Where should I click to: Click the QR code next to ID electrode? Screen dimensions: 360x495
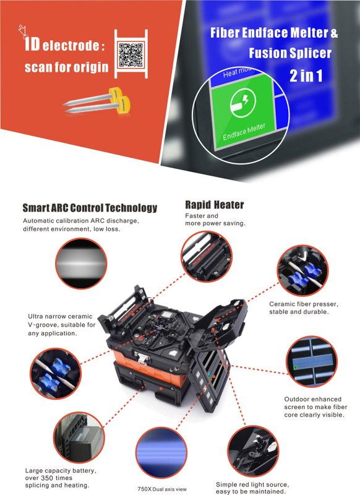(131, 55)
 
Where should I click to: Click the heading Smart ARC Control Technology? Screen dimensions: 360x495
(90, 208)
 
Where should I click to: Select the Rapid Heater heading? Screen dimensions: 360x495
(215, 205)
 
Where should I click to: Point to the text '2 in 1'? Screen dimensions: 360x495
(306, 75)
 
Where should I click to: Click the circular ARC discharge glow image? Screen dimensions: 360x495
(81, 264)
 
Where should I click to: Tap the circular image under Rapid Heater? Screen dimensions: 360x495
(207, 256)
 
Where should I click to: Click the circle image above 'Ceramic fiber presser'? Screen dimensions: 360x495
(302, 270)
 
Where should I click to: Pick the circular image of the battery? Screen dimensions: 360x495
(79, 437)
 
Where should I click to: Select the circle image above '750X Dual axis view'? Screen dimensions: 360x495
(161, 452)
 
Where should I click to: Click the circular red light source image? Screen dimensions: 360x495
(253, 451)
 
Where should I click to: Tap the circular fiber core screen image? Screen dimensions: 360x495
(312, 361)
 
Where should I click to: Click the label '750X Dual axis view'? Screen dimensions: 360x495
(162, 489)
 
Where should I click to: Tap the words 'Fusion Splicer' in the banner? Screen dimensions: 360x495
(290, 53)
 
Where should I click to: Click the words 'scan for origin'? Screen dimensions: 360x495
(67, 67)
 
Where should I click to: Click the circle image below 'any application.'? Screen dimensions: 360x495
(56, 374)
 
